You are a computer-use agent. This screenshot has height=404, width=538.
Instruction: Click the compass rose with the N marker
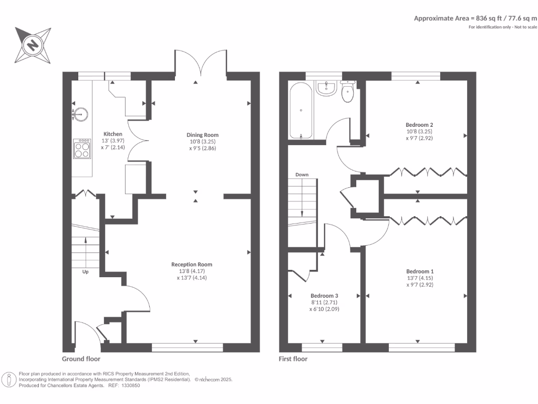point(33,45)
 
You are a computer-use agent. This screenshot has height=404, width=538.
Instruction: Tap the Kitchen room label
point(113,134)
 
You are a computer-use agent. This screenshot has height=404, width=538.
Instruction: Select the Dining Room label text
point(202,135)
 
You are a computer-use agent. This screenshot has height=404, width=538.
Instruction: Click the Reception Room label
point(192,264)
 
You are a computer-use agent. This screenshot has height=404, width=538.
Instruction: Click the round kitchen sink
point(81,113)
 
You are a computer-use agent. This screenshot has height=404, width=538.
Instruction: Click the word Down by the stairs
point(302,175)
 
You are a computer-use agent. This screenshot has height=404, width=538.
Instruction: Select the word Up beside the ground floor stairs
point(85,272)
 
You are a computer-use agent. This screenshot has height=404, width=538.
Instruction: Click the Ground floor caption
point(81,359)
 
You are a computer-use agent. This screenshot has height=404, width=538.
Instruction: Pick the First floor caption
point(293,359)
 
